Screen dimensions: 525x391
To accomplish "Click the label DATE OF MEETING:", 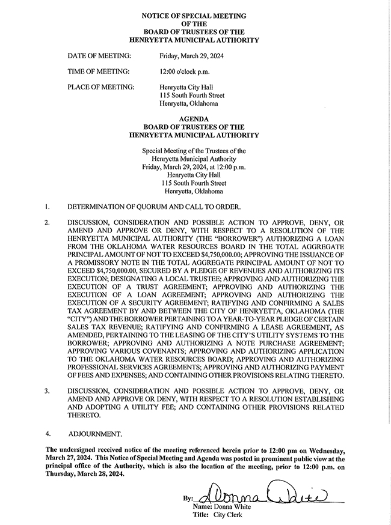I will (99, 56).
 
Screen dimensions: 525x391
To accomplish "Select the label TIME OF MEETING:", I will (99, 71).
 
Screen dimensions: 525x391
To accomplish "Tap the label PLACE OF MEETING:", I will (100, 87).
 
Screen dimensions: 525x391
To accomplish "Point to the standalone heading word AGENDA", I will (195, 119).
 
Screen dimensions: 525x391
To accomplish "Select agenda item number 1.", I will (46, 207).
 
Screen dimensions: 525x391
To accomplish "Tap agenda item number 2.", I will (46, 222).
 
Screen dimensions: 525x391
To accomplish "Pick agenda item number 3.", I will (46, 391).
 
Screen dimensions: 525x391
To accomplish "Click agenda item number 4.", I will (47, 432).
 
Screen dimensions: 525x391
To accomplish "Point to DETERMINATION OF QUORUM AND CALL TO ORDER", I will (153, 207).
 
